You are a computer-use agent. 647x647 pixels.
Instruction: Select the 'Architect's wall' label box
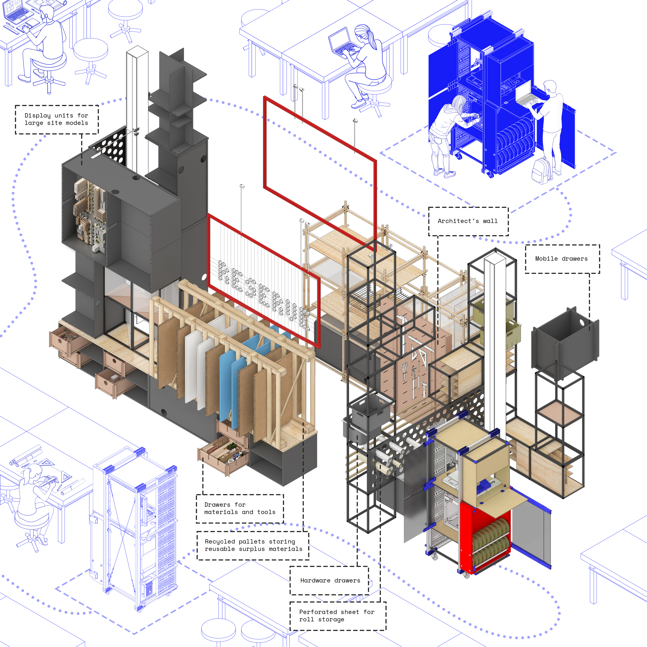(468, 221)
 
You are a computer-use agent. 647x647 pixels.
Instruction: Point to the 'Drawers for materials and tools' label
(240, 508)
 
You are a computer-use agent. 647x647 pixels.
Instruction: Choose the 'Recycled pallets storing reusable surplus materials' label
(253, 545)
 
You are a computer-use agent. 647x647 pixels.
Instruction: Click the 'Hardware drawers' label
(330, 580)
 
